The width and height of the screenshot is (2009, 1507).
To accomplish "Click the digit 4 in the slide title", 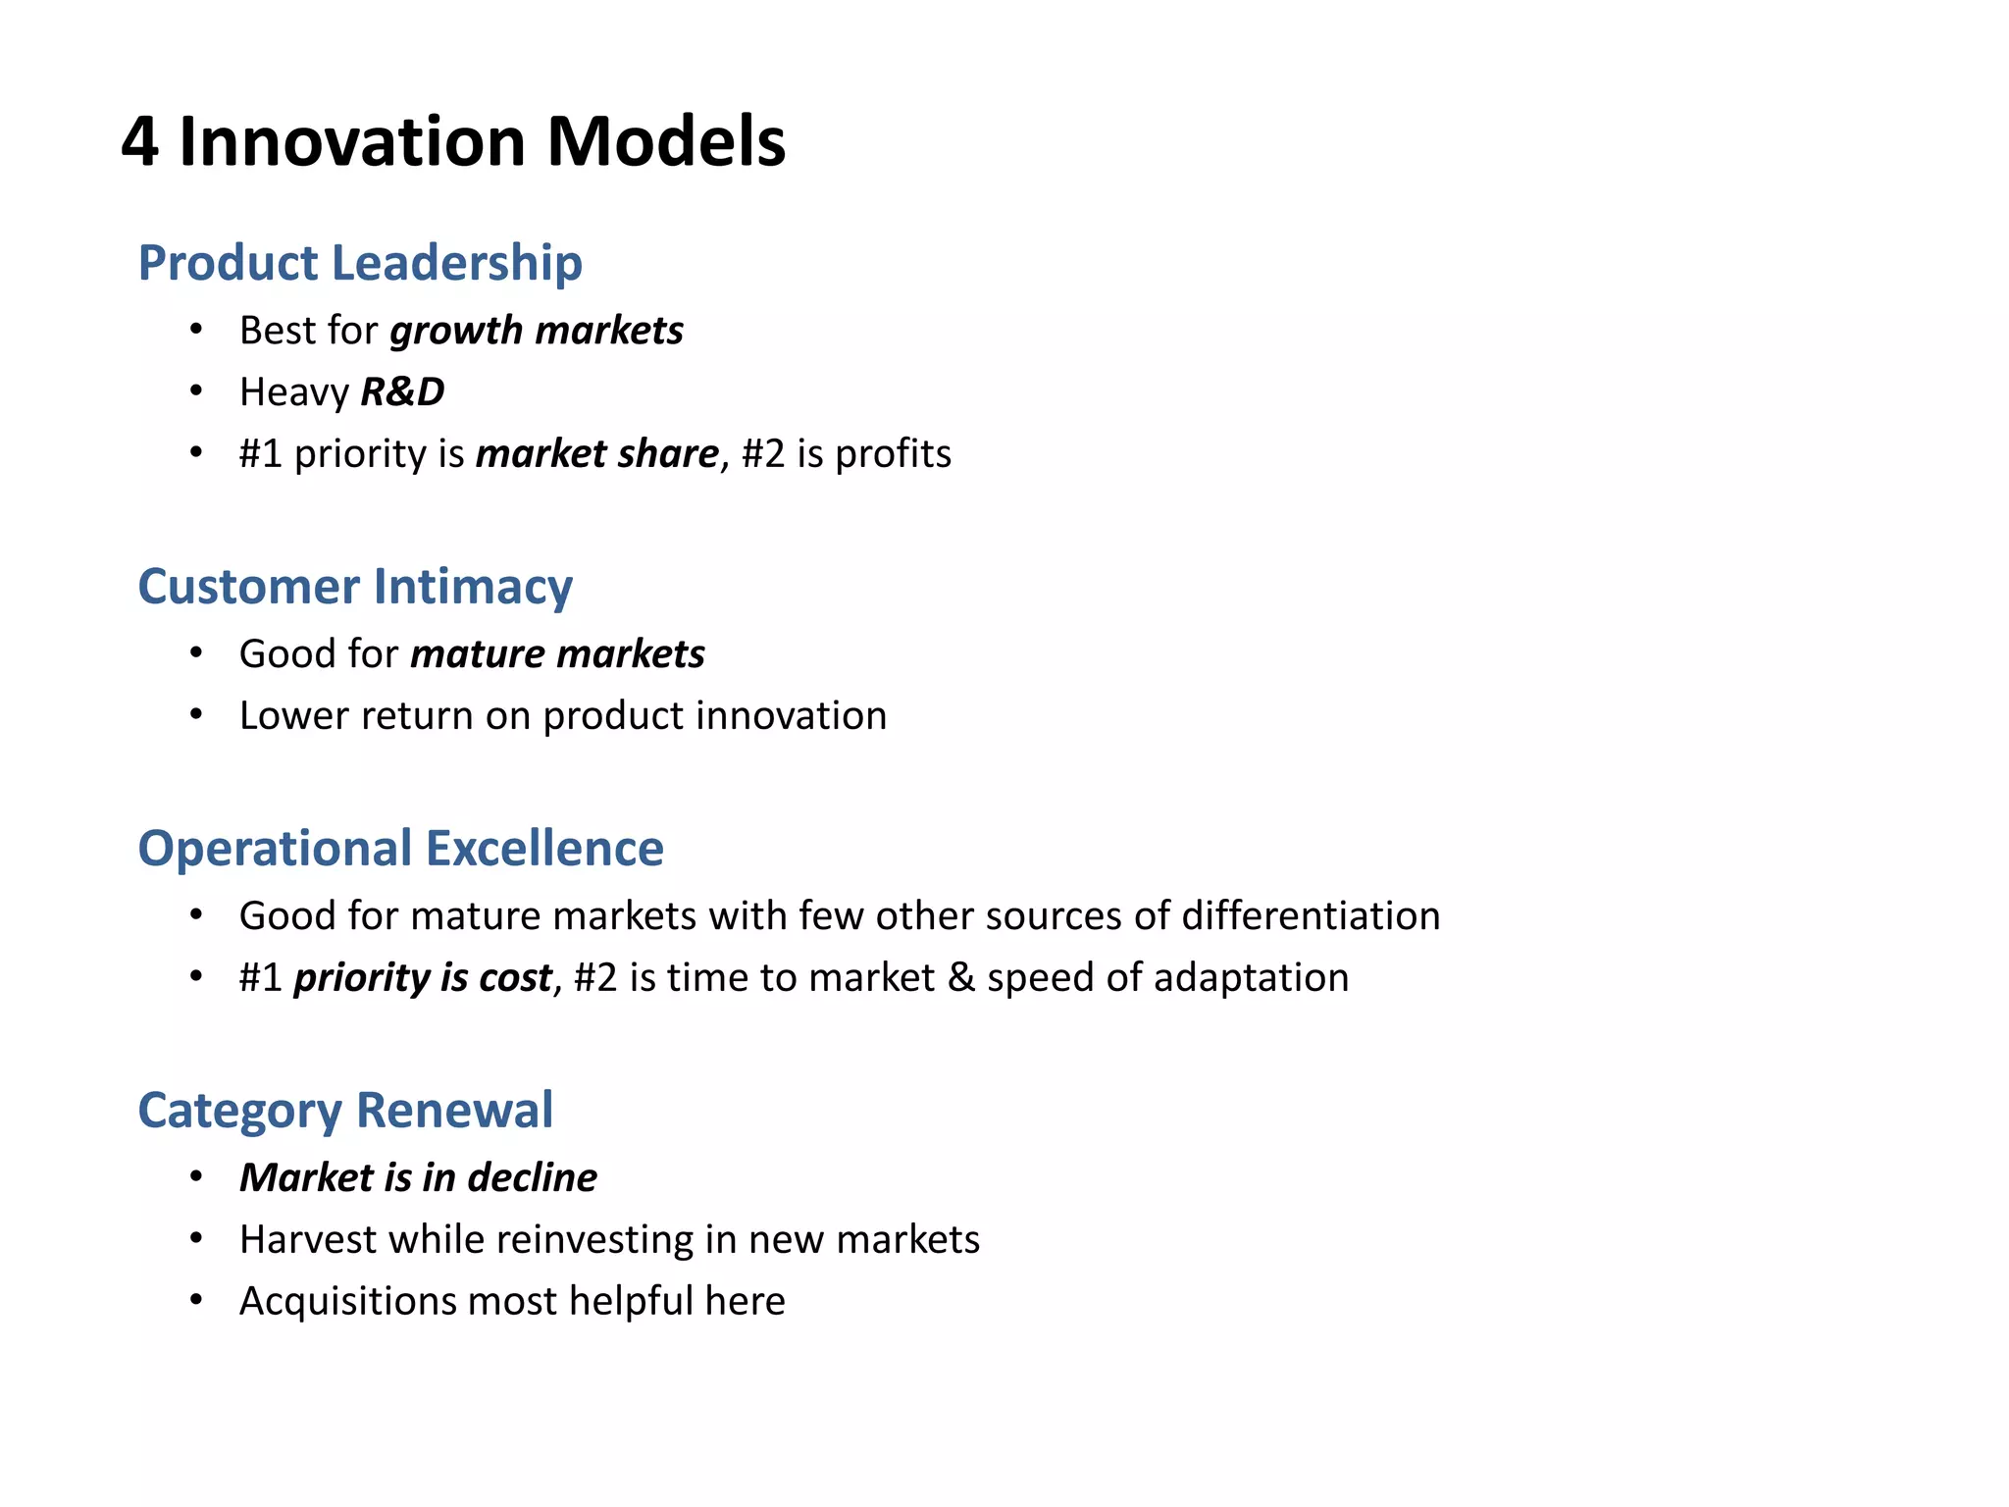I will pos(139,143).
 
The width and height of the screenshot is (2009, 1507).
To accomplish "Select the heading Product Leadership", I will pos(360,263).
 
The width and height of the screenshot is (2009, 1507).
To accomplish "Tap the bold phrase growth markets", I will pos(537,331).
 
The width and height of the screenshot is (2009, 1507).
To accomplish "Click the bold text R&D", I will pos(402,392).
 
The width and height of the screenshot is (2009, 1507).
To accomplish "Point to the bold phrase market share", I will pos(597,454).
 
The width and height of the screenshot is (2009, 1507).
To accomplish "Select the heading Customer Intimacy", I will pos(355,587).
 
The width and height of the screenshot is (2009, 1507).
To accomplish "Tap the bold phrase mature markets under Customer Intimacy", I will pos(557,654).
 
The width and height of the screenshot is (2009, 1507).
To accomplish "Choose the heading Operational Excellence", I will pos(400,849).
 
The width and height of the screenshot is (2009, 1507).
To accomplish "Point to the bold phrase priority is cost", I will pos(423,978).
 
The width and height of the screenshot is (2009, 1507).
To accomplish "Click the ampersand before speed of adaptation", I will pos(961,978).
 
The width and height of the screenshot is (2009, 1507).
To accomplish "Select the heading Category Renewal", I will pos(345,1111).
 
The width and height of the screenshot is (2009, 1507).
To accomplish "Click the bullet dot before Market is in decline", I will pos(196,1176).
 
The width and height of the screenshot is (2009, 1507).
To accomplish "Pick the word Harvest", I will pos(308,1240).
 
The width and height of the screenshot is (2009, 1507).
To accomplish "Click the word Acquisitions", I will pos(347,1302).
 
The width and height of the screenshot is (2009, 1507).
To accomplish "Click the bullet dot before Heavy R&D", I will pos(196,391).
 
